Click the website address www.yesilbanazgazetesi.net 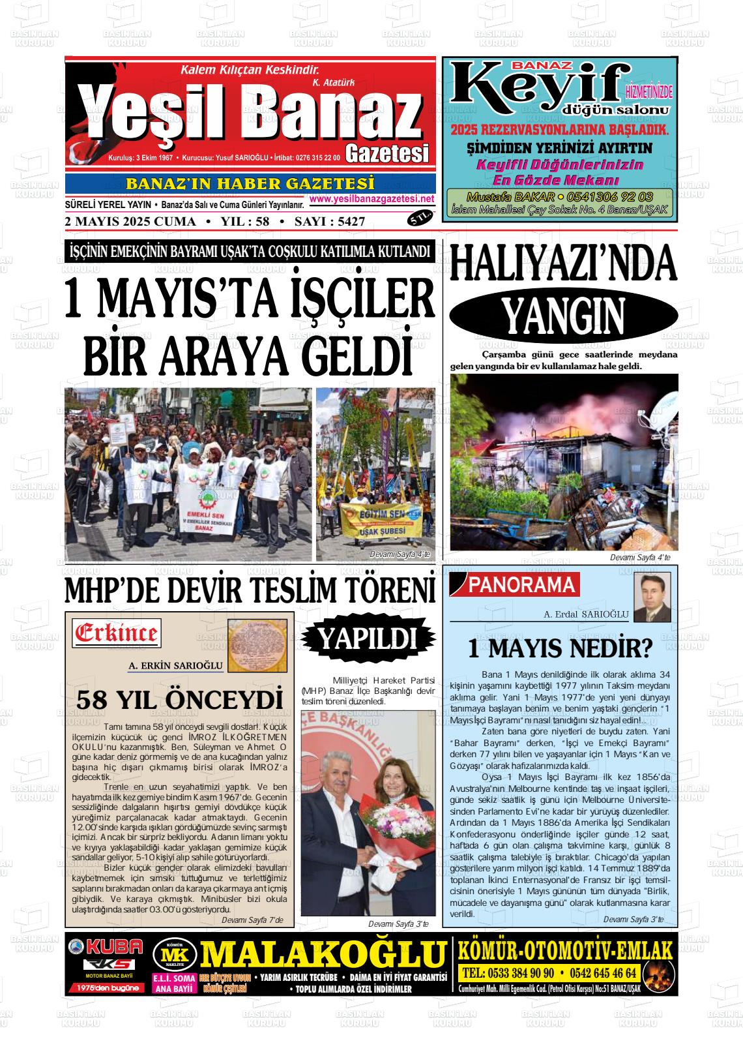(x=371, y=199)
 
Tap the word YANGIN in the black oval (x=563, y=318)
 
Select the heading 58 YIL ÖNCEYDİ (x=180, y=700)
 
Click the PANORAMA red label (x=522, y=585)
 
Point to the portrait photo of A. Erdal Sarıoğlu (x=652, y=597)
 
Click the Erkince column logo (x=117, y=632)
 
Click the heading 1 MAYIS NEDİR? (x=561, y=649)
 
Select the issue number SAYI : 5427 (x=330, y=222)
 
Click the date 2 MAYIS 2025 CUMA (x=130, y=222)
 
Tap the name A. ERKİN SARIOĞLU (x=176, y=665)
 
